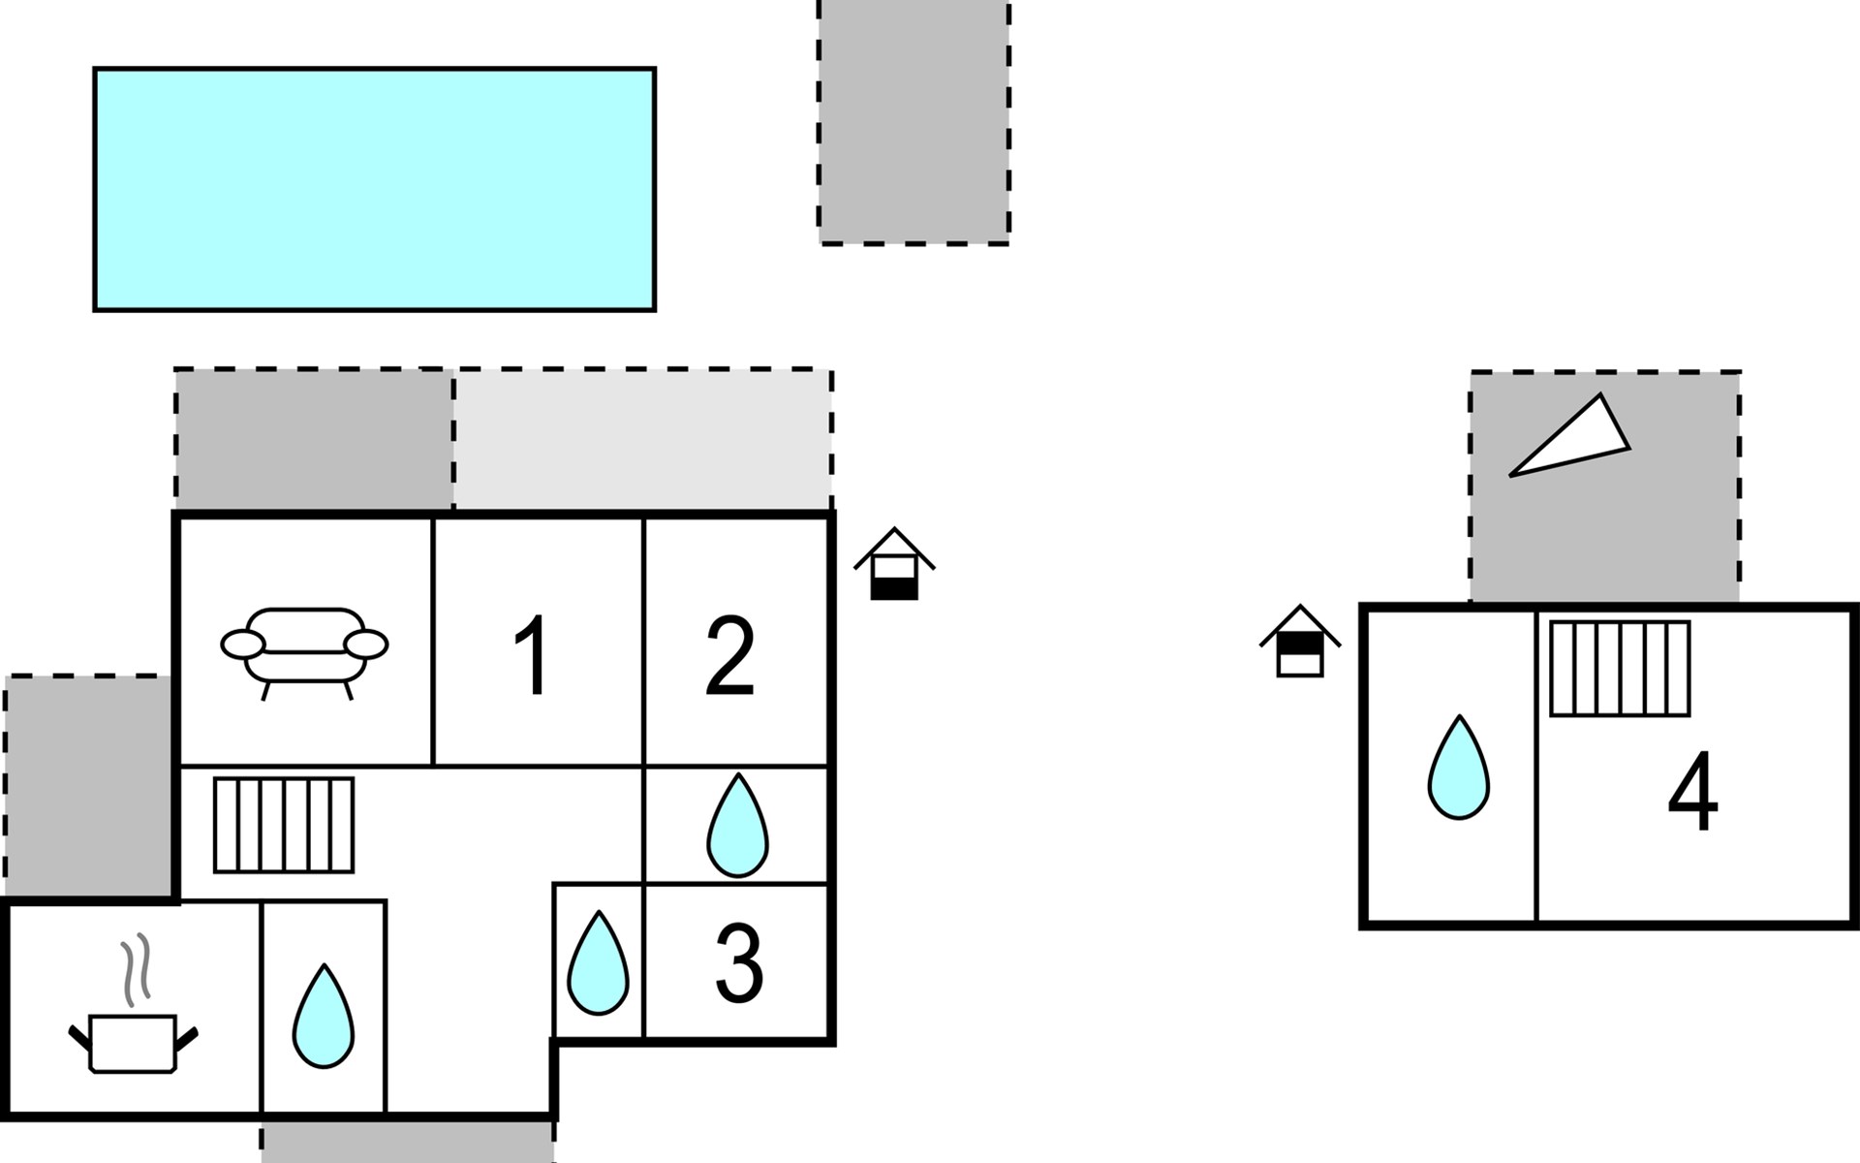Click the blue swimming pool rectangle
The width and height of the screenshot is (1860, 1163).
374,189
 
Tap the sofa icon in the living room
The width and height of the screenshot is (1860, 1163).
304,646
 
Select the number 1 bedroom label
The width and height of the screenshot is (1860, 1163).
533,657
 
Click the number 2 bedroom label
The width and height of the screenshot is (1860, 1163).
730,657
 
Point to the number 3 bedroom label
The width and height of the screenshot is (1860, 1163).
739,963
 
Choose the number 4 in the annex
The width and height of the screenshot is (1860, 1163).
1692,793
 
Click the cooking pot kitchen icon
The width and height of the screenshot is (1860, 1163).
133,1042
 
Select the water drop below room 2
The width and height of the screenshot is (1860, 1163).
737,826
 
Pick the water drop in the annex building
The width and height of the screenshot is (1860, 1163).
1458,768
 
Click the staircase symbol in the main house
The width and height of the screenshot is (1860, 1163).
284,825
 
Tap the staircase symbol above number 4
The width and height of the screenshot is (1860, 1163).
1620,669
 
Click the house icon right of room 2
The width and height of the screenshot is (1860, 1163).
894,564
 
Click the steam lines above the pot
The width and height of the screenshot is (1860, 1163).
136,966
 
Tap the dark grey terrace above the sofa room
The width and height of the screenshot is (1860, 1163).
314,439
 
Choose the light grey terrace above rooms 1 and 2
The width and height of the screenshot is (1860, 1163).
643,439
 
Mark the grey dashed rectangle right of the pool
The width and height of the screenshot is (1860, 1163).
914,121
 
